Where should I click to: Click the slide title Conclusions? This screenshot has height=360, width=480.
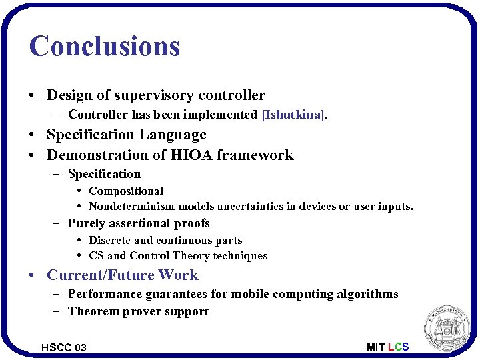click(105, 46)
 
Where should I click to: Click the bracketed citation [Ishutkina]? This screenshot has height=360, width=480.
click(295, 115)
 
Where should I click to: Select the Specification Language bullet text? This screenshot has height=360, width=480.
click(127, 135)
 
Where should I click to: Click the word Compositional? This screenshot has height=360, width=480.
click(126, 191)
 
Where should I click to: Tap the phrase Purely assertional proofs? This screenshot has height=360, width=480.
click(139, 223)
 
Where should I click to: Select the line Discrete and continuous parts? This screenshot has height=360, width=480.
click(165, 240)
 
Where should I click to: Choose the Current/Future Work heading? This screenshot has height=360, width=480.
click(123, 275)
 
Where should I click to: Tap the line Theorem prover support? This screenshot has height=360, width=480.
click(139, 311)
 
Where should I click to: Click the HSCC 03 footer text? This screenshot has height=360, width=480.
click(64, 347)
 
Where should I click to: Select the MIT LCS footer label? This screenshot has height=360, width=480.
click(387, 347)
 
